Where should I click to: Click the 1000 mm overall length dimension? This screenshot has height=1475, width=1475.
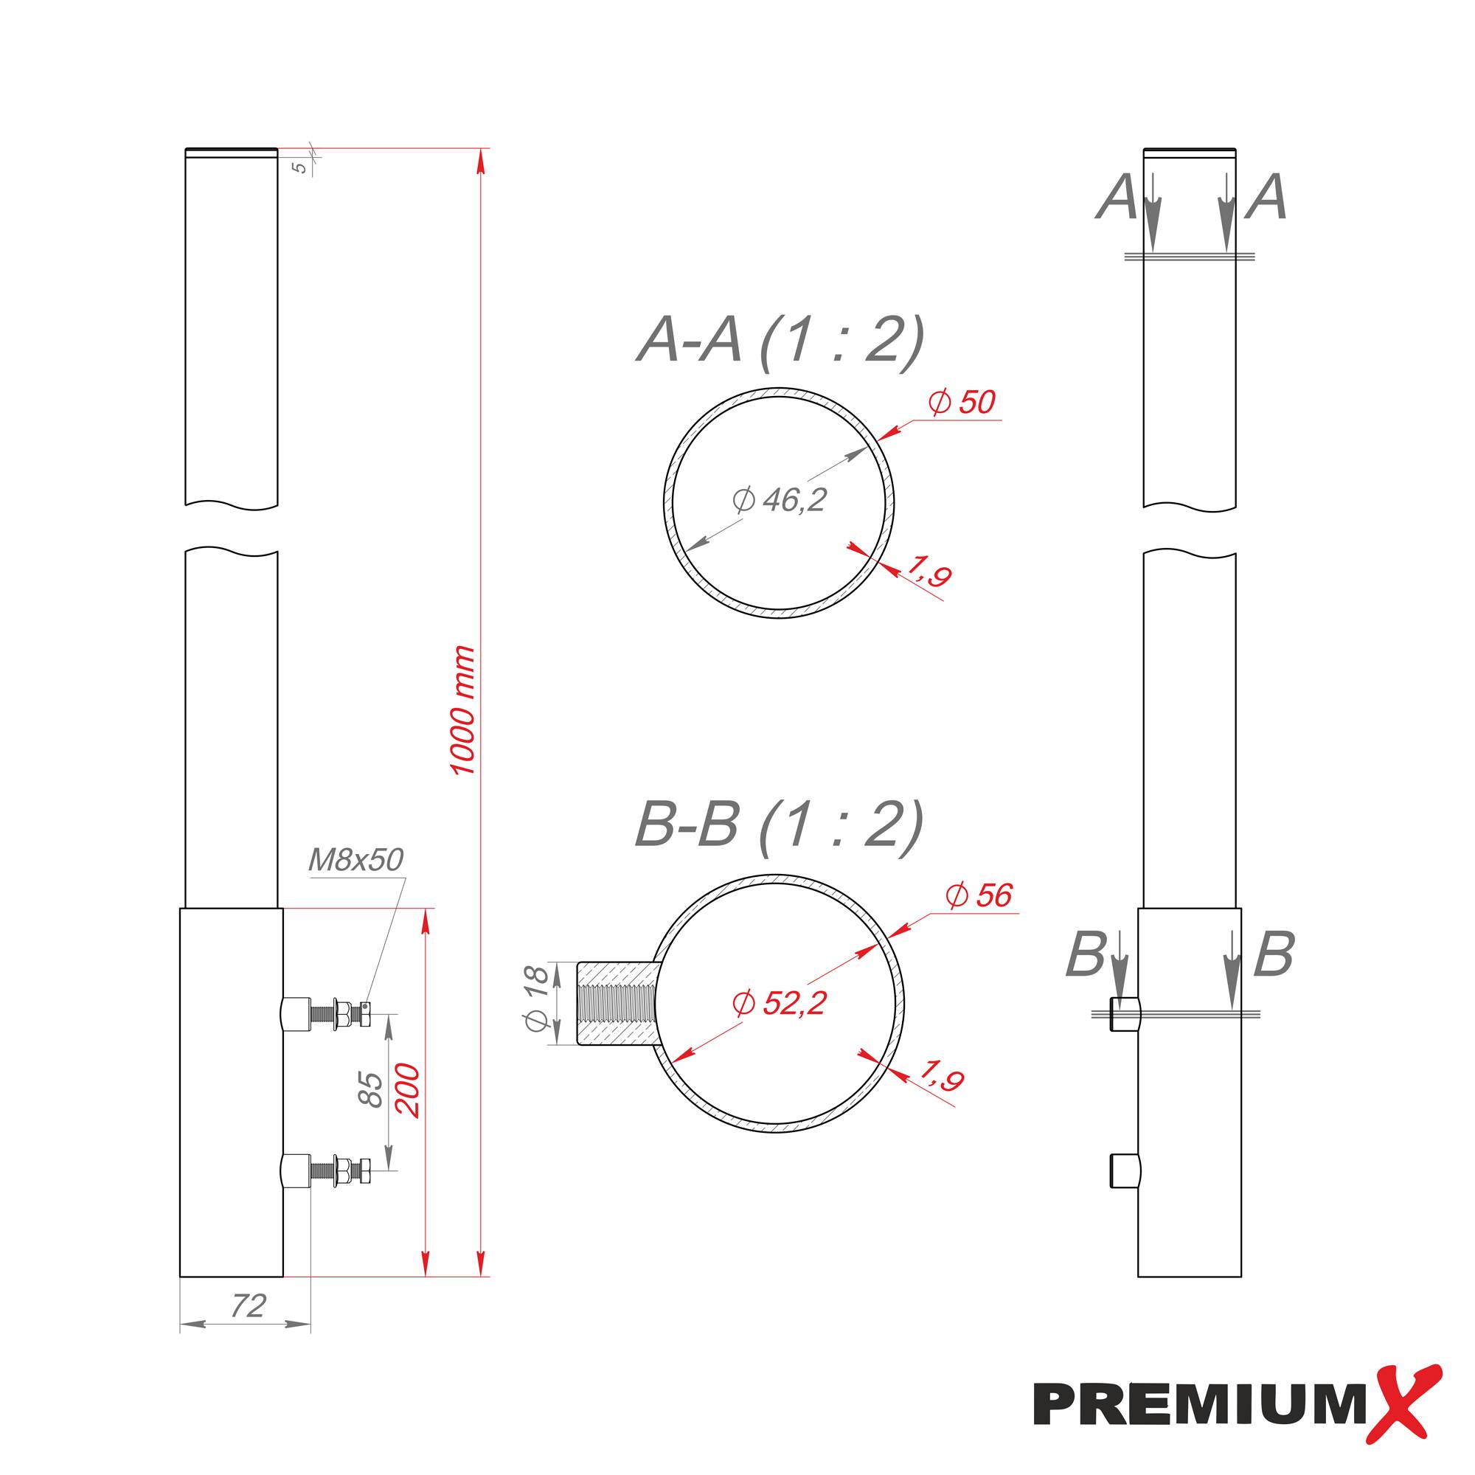(x=462, y=710)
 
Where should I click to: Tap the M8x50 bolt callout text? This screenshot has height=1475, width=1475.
(x=355, y=861)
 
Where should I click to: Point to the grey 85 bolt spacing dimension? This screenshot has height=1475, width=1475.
(x=371, y=1089)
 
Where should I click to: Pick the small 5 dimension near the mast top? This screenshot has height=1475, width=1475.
(x=302, y=167)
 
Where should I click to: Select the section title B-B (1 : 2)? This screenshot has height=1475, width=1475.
(x=779, y=826)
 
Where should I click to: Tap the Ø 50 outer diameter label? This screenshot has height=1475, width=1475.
(x=962, y=403)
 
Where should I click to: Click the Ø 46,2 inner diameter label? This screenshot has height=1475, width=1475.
(x=779, y=500)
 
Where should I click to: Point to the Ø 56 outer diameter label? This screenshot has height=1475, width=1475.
(x=979, y=895)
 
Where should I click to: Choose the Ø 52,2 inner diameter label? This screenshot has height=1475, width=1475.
(x=779, y=1002)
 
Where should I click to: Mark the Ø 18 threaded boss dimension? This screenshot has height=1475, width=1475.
(x=536, y=998)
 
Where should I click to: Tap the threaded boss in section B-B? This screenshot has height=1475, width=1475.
(x=615, y=1004)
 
